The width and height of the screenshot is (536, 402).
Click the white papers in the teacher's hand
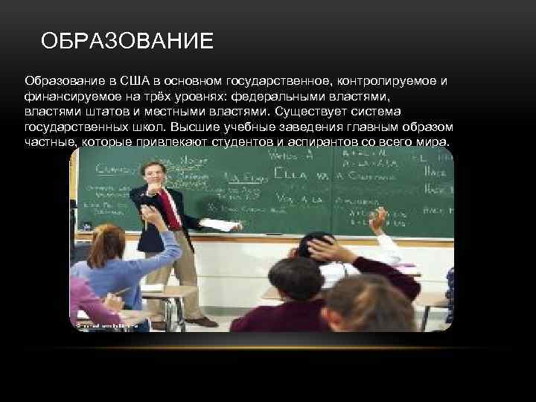221,225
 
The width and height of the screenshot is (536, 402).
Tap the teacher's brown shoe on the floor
201,322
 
